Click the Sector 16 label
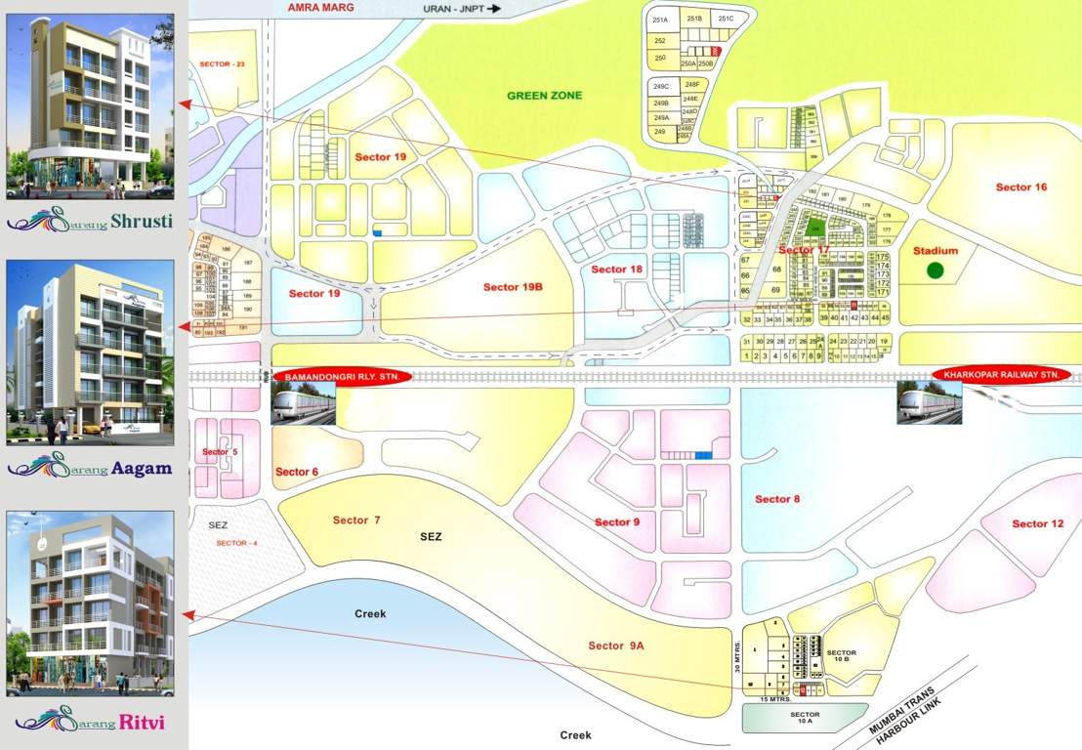coord(1021,187)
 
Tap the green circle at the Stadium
coord(936,271)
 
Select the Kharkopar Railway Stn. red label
coord(1002,374)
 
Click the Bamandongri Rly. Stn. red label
coord(343,376)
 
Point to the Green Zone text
coord(544,96)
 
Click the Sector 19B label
coord(513,287)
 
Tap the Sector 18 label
coord(617,270)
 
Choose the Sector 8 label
coord(777,499)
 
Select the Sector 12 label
coord(1037,524)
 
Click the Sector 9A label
coord(616,646)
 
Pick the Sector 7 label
coord(356,521)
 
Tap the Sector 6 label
coord(297,473)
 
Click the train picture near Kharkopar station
coord(930,402)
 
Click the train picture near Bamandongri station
coord(303,402)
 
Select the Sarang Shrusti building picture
coord(90,106)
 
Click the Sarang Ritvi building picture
coord(90,603)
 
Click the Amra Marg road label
coord(321,7)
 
